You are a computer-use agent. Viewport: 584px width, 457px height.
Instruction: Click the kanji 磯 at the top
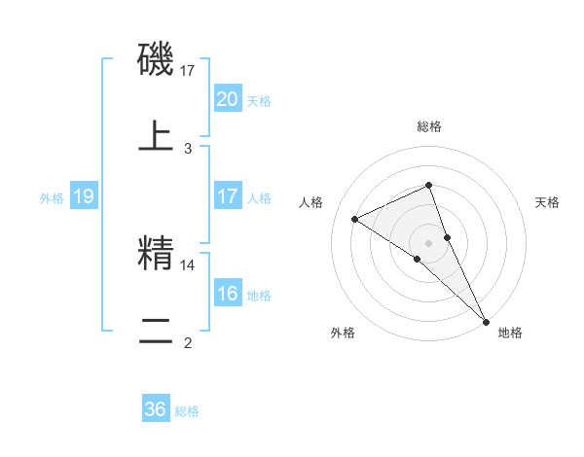pyautogui.click(x=157, y=60)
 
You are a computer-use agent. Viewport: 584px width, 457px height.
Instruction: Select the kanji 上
pyautogui.click(x=157, y=135)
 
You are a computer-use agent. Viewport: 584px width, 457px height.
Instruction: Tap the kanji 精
pyautogui.click(x=157, y=254)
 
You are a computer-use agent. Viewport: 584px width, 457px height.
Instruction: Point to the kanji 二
pyautogui.click(x=157, y=330)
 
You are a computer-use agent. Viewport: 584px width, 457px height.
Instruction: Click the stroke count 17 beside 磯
pyautogui.click(x=188, y=70)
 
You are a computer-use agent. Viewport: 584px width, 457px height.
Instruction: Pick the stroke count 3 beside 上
pyautogui.click(x=188, y=148)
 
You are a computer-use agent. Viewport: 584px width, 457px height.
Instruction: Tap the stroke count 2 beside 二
pyautogui.click(x=188, y=342)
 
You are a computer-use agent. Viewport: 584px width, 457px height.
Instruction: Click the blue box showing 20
pyautogui.click(x=227, y=98)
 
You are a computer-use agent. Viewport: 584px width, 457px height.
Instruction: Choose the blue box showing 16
pyautogui.click(x=227, y=294)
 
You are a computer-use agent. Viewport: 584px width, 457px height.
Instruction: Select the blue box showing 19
pyautogui.click(x=84, y=196)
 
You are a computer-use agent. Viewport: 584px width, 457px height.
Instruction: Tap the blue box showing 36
pyautogui.click(x=155, y=409)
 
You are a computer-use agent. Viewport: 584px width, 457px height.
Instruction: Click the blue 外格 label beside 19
pyautogui.click(x=52, y=198)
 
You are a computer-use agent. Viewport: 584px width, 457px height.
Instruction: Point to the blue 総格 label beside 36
pyautogui.click(x=187, y=411)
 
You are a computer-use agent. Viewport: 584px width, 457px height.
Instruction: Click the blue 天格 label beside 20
pyautogui.click(x=259, y=100)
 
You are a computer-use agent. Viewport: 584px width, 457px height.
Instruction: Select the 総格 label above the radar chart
pyautogui.click(x=429, y=126)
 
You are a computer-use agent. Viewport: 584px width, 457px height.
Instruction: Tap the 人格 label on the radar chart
pyautogui.click(x=310, y=202)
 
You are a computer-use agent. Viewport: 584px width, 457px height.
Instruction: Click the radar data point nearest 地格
pyautogui.click(x=486, y=320)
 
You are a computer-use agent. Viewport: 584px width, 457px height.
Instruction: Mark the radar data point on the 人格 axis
pyautogui.click(x=355, y=219)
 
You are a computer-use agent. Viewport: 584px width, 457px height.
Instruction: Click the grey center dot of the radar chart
pyautogui.click(x=429, y=242)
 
